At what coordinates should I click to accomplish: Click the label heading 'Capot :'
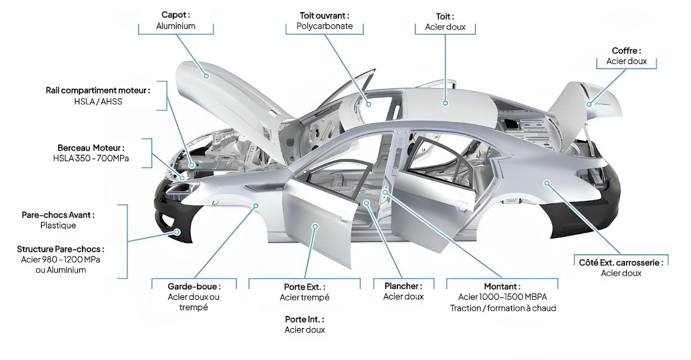176,15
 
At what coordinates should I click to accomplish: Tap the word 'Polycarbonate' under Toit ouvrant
324,27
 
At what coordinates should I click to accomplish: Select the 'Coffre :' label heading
626,51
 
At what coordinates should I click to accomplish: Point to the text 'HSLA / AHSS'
98,102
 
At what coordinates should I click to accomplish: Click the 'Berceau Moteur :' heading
91,147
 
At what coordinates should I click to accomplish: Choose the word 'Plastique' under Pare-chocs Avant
58,225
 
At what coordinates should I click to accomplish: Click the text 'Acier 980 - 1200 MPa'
61,260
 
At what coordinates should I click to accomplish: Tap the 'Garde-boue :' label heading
194,286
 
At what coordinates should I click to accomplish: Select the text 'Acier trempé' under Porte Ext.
305,297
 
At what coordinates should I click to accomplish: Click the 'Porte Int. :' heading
305,318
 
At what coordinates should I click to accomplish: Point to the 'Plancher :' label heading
403,286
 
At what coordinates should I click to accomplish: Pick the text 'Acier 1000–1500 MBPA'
503,297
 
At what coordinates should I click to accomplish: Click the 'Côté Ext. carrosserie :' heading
621,262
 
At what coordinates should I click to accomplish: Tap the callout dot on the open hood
207,75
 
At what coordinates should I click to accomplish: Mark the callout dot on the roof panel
446,102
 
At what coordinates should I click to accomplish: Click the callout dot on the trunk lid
589,104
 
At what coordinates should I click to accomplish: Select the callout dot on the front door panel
315,226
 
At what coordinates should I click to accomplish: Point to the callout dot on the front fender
255,206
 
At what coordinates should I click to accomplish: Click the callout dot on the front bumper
178,232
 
